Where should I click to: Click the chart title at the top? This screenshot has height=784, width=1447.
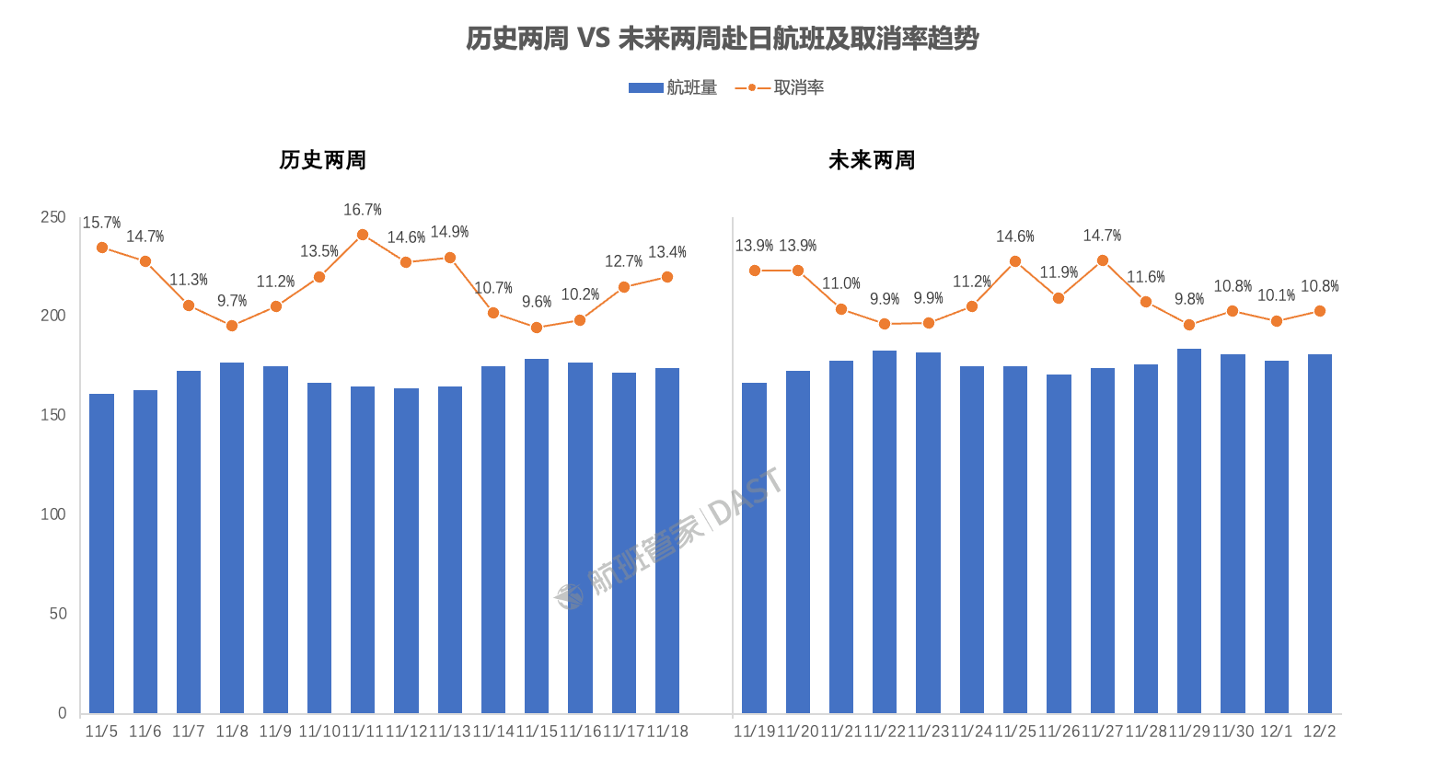tap(722, 39)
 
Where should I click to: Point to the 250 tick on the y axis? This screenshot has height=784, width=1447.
tap(53, 217)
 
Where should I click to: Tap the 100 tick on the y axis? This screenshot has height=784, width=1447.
tap(53, 514)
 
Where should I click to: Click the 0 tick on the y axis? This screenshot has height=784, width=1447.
tap(62, 712)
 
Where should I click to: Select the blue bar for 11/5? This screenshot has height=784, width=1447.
tap(101, 552)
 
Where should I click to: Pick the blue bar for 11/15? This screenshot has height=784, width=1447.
tap(537, 536)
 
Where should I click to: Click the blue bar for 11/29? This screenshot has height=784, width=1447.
tap(1189, 531)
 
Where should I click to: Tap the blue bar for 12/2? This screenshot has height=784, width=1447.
tap(1320, 534)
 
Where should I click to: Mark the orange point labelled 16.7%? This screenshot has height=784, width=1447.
tap(363, 235)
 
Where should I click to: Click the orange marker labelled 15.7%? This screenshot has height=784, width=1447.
tap(102, 248)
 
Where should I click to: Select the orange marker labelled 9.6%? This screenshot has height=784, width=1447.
tap(537, 328)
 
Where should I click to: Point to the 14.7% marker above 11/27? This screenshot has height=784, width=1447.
tap(1103, 260)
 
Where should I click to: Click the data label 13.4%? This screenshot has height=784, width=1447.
tap(667, 252)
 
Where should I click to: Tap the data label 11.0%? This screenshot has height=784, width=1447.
tap(841, 283)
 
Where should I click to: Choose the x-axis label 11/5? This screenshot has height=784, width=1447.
tap(101, 731)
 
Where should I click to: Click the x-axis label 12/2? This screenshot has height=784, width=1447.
tap(1320, 731)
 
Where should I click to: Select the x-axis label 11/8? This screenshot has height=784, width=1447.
tap(232, 731)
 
